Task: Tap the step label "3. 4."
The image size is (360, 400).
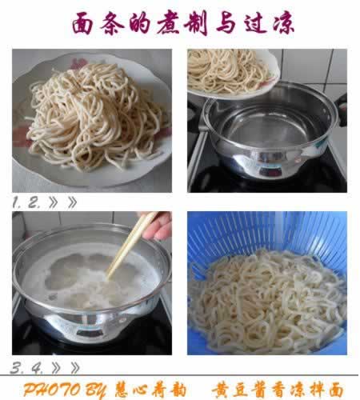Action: point(27,368)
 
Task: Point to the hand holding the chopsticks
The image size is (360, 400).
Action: point(160,226)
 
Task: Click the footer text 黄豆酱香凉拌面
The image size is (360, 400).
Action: point(277,390)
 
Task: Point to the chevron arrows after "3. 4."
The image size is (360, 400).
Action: point(66,368)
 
